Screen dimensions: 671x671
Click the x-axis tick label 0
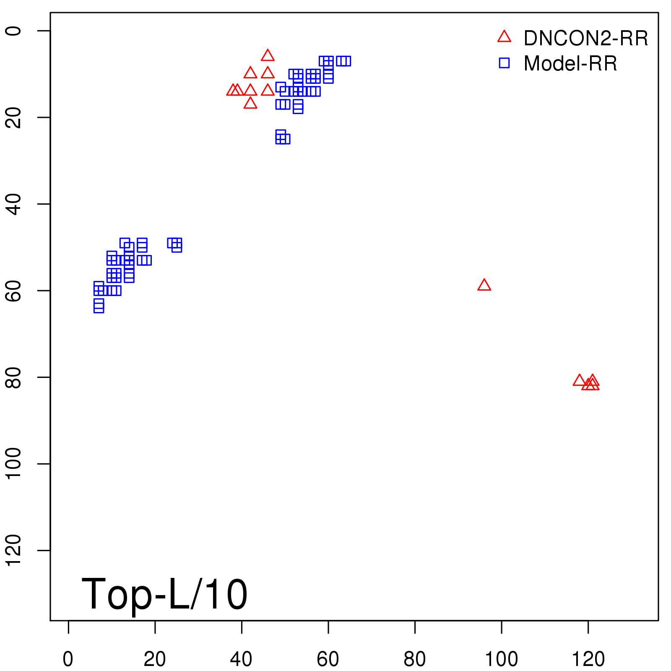point(68,659)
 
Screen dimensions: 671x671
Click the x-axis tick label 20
point(155,659)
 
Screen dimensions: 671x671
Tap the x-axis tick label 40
point(241,659)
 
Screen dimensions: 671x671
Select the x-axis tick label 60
point(328,659)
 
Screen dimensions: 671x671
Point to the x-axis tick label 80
point(415,659)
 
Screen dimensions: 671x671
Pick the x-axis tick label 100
point(501,659)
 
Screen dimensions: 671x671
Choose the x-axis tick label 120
point(588,659)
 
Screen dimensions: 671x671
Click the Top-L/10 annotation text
point(164,594)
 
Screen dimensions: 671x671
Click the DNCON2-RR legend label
point(586,39)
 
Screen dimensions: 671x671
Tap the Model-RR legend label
point(570,64)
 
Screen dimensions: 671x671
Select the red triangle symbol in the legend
point(504,37)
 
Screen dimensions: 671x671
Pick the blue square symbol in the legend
point(504,63)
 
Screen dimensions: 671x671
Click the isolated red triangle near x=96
point(484,285)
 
